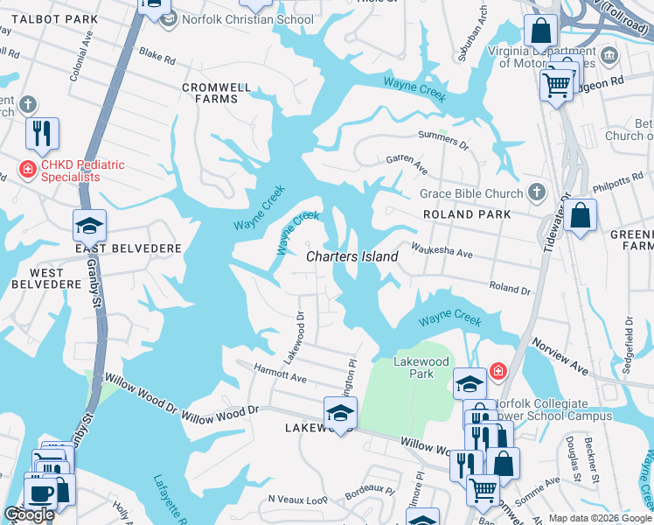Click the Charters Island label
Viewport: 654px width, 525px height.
352,256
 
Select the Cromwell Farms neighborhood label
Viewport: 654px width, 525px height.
216,94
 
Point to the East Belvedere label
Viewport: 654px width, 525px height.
128,248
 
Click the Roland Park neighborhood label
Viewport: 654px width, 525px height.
467,214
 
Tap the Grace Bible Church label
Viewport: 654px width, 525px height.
470,193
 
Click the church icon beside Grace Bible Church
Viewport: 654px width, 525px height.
537,192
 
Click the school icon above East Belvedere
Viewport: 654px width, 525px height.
89,226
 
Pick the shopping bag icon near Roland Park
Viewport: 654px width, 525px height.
580,215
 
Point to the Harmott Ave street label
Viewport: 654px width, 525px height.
280,374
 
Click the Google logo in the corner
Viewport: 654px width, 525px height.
30,515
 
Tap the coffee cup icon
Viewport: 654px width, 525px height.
40,493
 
